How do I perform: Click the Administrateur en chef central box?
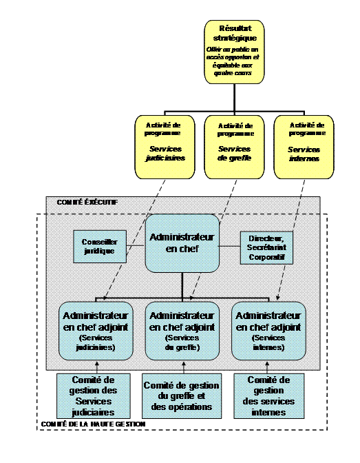click(182, 243)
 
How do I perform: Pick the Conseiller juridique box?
click(100, 247)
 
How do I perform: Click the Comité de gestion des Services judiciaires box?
click(96, 395)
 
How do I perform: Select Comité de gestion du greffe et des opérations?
click(182, 396)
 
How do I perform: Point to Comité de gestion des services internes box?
click(268, 395)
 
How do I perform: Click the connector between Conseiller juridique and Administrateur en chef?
click(136, 247)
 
